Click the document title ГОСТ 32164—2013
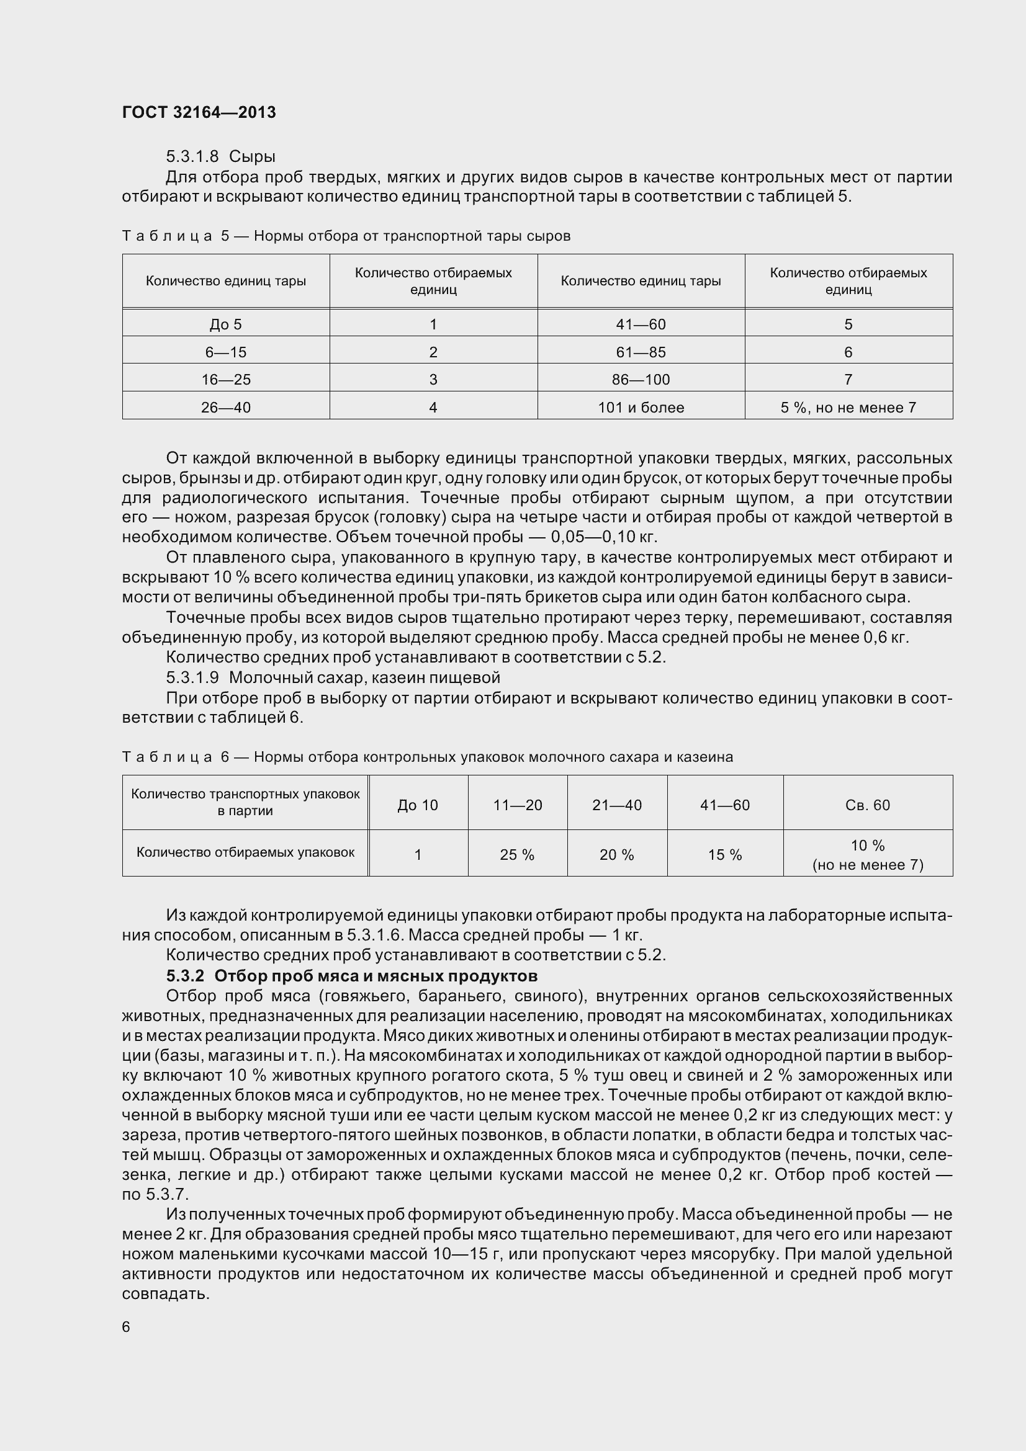click(199, 112)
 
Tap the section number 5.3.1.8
click(192, 156)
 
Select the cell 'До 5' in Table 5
click(226, 325)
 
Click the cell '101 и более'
click(641, 408)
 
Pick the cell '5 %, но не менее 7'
click(848, 408)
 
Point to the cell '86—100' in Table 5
click(641, 380)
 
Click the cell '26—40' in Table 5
click(226, 408)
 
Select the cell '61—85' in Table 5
click(641, 352)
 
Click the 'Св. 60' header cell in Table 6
click(867, 805)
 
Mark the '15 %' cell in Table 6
click(724, 855)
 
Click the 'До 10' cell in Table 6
click(417, 805)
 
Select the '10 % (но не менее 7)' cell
click(867, 855)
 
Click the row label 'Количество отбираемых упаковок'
click(245, 852)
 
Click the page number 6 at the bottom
click(126, 1327)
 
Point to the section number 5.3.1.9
click(192, 677)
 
